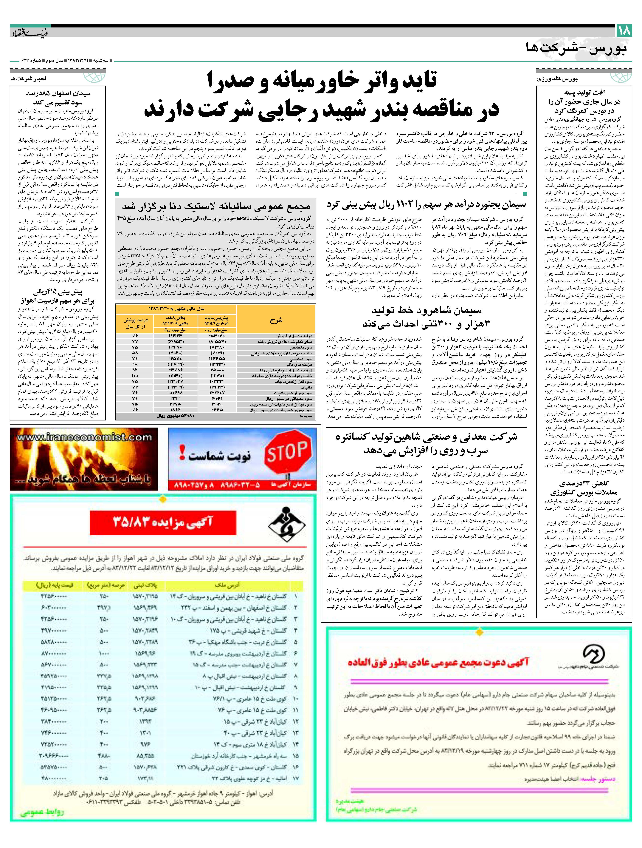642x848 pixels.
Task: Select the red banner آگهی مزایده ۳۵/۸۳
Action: (163, 522)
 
